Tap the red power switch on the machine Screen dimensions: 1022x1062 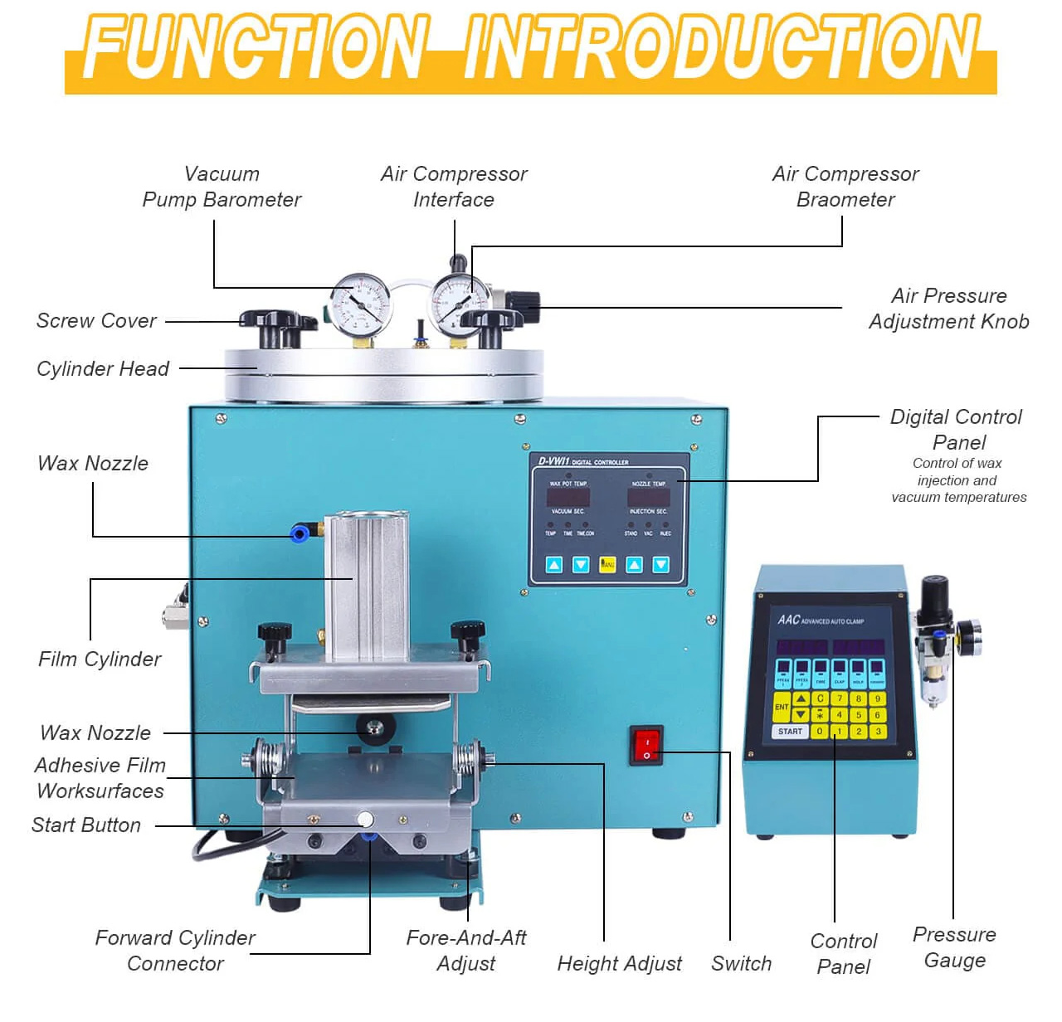646,745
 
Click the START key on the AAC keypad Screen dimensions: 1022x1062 789,732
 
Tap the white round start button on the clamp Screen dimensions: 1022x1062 364,820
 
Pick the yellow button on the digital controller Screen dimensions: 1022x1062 607,565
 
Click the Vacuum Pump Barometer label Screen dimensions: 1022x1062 222,187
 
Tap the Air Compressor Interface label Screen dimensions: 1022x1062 454,187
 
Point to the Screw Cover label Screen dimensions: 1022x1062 96,321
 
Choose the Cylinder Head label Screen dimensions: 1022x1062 103,369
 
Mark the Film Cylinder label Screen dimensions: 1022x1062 100,659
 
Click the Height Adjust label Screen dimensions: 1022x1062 619,964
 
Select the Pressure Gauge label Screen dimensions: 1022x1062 954,947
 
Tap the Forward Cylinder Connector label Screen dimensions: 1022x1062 175,951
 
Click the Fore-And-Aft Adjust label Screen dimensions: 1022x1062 465,951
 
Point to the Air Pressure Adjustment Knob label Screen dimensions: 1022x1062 949,309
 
